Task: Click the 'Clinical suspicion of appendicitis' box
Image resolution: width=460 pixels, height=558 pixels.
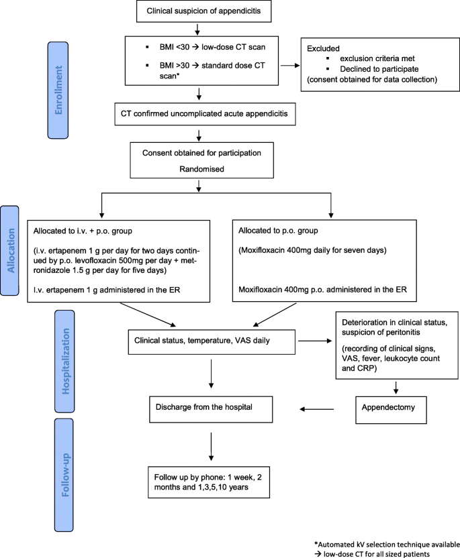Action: tap(204, 11)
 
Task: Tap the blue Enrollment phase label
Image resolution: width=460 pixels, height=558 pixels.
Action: tap(58, 90)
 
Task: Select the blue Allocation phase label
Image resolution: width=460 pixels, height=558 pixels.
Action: tap(9, 251)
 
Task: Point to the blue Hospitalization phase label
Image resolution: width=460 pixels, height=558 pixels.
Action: tap(64, 361)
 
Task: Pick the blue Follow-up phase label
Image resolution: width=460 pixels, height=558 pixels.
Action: tap(64, 475)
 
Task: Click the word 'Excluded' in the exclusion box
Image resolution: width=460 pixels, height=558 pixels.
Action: tap(323, 48)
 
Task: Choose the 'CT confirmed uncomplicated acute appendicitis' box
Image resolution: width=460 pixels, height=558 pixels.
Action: tap(205, 114)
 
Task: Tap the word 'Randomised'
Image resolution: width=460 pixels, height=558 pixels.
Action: tap(201, 169)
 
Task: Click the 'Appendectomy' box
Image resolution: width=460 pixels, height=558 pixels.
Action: tap(391, 410)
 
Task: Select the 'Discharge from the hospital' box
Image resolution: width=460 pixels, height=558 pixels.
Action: tap(211, 409)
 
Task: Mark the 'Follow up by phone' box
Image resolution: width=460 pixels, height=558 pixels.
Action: tap(209, 482)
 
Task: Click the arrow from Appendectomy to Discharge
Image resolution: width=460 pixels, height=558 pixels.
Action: tap(317, 409)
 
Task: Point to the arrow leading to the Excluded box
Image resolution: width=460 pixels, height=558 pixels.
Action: tap(290, 66)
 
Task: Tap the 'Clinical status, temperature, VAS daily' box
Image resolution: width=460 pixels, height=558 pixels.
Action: tap(212, 341)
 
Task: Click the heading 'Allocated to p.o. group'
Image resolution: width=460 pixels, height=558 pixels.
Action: tap(278, 231)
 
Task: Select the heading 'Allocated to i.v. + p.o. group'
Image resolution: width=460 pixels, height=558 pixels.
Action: tap(83, 231)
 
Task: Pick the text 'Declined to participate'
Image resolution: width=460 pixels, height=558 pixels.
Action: tap(379, 69)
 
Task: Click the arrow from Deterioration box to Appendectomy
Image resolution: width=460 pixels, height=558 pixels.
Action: tap(396, 388)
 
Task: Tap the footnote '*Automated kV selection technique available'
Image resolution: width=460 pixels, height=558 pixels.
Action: tap(387, 545)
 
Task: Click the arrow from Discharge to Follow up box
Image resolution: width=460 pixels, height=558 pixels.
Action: tap(212, 447)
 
